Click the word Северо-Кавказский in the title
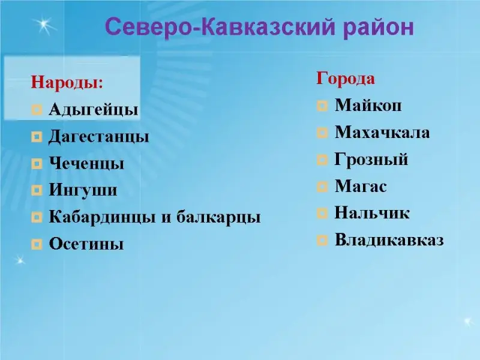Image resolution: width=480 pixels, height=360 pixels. [x=220, y=27]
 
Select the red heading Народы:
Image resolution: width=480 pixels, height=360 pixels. [x=67, y=82]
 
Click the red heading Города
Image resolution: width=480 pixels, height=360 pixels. [x=346, y=78]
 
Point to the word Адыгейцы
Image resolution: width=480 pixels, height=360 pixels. [x=94, y=110]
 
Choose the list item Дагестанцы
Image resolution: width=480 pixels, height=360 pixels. [x=99, y=137]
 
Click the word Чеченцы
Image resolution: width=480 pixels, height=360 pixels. [x=86, y=163]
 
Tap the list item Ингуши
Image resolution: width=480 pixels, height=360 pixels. [x=83, y=190]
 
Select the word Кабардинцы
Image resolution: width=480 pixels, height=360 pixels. [x=103, y=217]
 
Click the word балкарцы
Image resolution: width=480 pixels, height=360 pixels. [x=218, y=217]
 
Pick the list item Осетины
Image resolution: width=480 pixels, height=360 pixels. [x=86, y=244]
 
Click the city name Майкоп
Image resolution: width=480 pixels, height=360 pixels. [x=368, y=106]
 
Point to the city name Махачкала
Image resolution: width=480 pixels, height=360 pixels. [x=382, y=132]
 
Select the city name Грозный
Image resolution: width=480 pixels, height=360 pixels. [x=371, y=160]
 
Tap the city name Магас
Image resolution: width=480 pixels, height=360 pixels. [x=361, y=186]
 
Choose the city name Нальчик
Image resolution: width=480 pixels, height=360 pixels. [x=372, y=213]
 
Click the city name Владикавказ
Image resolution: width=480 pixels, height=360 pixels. [x=389, y=240]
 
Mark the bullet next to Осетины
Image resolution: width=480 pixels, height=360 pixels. [x=37, y=244]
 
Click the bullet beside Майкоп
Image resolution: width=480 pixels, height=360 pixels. [x=322, y=106]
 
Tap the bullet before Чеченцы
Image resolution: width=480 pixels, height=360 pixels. [x=37, y=163]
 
